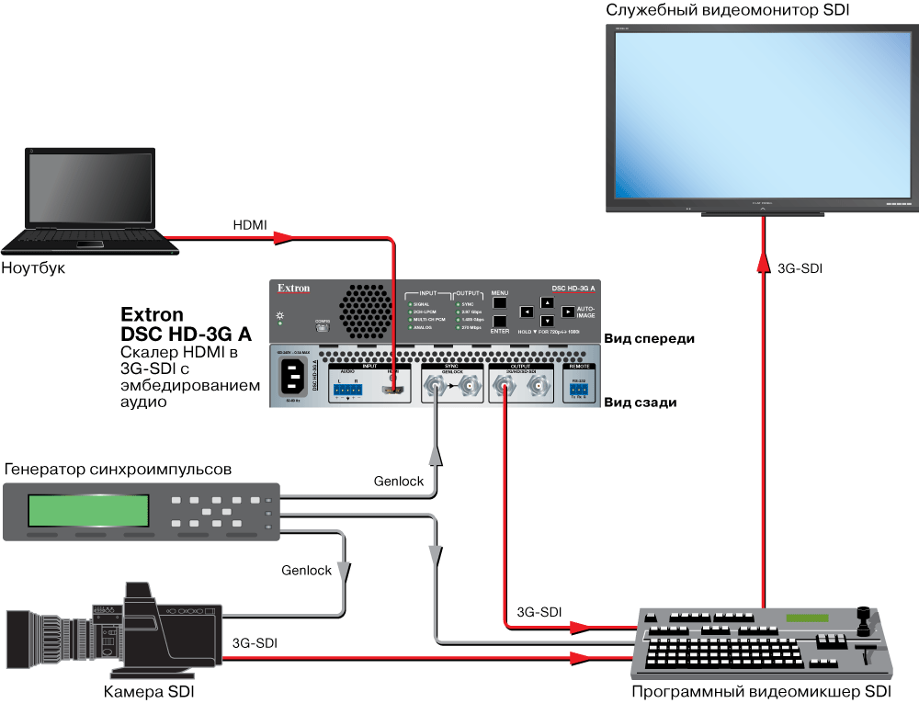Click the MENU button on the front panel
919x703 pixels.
click(499, 302)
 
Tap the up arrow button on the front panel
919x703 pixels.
click(547, 302)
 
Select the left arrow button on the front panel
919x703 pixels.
click(526, 312)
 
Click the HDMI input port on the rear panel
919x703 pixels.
click(394, 391)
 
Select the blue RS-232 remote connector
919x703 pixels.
click(577, 390)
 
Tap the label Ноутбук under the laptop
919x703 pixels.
click(34, 269)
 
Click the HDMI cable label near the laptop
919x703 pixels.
click(250, 225)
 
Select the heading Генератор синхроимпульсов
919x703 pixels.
click(117, 470)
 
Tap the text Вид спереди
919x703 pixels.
click(648, 338)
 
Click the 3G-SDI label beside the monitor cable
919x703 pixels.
click(800, 269)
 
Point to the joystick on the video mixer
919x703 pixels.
click(862, 617)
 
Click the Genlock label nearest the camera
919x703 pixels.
click(306, 570)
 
